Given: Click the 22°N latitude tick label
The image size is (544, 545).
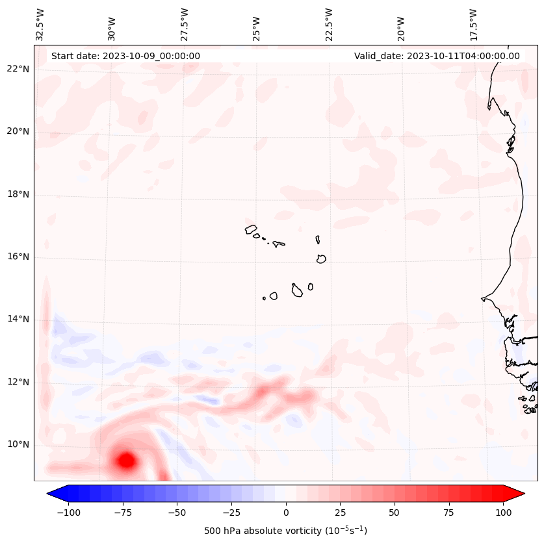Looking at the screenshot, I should [18, 70].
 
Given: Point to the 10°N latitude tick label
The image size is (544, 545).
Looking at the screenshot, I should [18, 445].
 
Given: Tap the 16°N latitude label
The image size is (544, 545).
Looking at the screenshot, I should [18, 257].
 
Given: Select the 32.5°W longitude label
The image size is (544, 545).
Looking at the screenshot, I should [40, 24].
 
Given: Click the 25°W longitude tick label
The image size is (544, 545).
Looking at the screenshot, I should [256, 24].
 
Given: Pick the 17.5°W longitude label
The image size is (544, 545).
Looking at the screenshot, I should [473, 24].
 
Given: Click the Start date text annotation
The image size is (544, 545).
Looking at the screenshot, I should [125, 56].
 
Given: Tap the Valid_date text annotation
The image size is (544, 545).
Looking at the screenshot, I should [437, 56].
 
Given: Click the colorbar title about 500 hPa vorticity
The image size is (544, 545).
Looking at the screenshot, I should [285, 531].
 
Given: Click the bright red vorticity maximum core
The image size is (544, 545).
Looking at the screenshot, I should [126, 461].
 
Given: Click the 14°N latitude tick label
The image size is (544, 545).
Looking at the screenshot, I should [18, 320].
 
